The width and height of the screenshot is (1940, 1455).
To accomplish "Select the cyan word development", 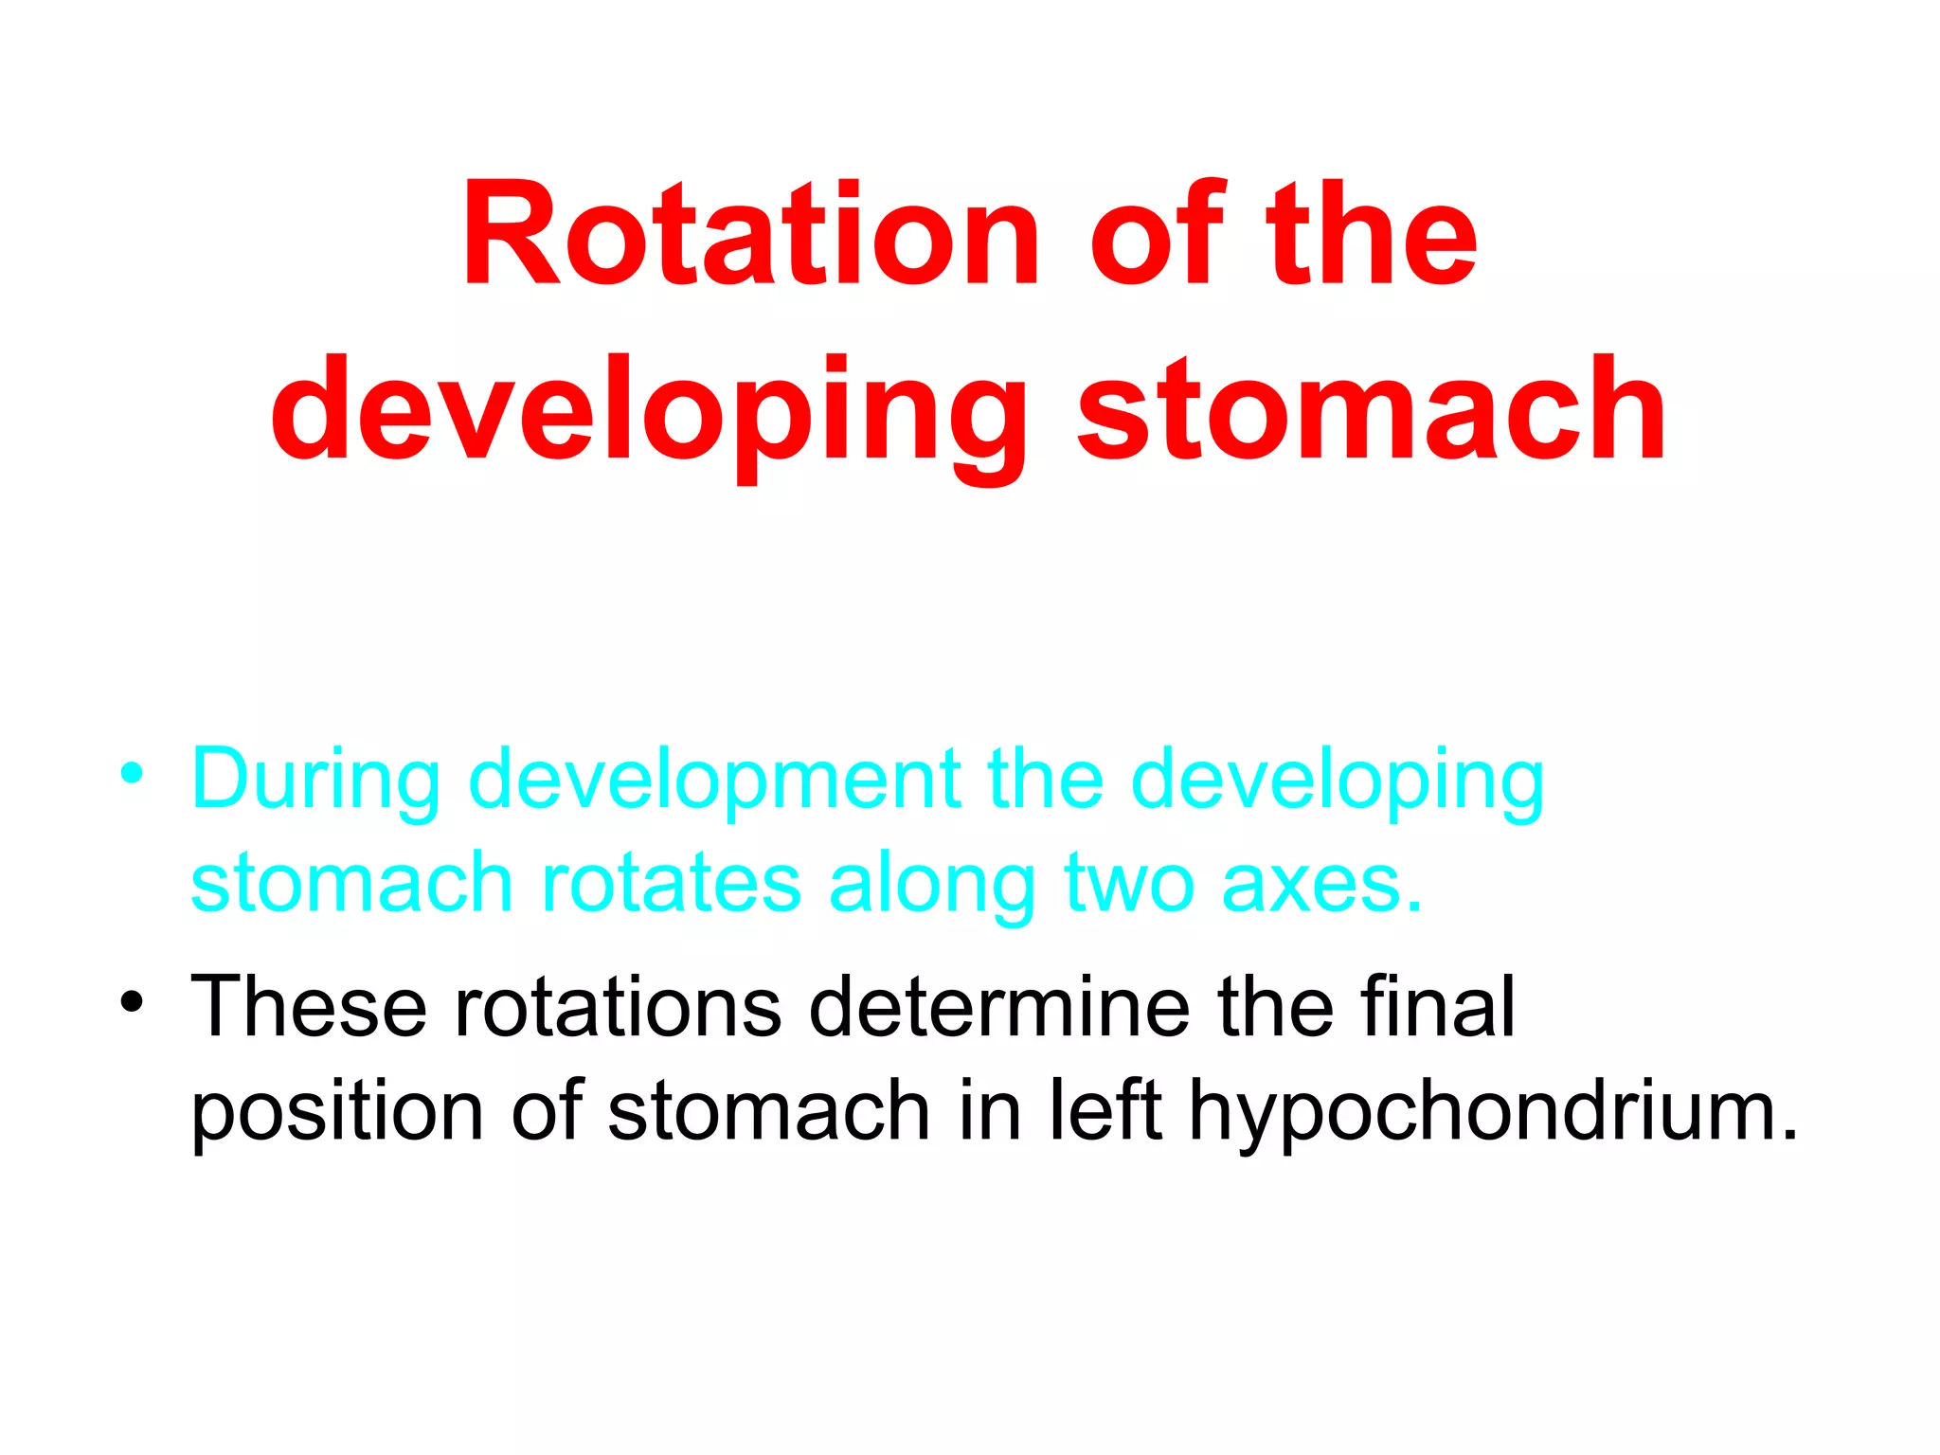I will click(714, 781).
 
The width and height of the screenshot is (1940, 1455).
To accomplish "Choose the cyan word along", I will click(932, 883).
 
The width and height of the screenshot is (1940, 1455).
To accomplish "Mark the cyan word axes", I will click(1322, 883).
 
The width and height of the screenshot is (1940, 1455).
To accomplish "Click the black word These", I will click(309, 1008).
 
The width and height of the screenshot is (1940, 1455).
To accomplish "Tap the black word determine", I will click(999, 1008).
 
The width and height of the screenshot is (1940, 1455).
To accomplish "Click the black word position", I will click(337, 1112).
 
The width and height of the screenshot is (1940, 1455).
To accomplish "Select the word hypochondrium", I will click(1493, 1112).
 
